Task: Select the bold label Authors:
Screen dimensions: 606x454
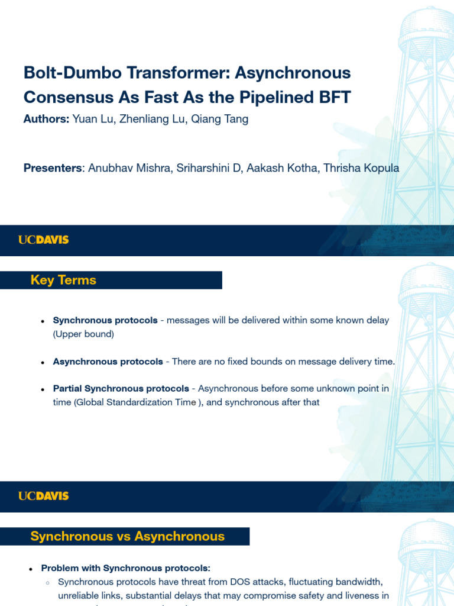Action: pyautogui.click(x=46, y=119)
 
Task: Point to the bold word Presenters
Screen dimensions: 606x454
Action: pyautogui.click(x=53, y=168)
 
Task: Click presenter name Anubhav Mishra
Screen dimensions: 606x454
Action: pyautogui.click(x=125, y=168)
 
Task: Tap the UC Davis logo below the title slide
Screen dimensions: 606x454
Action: pyautogui.click(x=43, y=240)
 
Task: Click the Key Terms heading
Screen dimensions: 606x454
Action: pyautogui.click(x=63, y=280)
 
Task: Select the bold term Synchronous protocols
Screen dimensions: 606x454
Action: pyautogui.click(x=105, y=320)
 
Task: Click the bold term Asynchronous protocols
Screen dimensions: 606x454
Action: pyautogui.click(x=108, y=361)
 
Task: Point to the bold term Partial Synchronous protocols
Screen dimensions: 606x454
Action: pyautogui.click(x=121, y=388)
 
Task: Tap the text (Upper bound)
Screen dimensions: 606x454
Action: pyautogui.click(x=83, y=334)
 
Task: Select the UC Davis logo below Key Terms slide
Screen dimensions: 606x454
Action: pyautogui.click(x=43, y=496)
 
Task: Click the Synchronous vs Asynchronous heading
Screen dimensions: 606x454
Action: pyautogui.click(x=127, y=536)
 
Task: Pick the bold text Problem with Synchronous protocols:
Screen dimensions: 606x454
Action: pyautogui.click(x=125, y=568)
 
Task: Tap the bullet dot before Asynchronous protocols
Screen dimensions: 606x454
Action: pyautogui.click(x=43, y=362)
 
